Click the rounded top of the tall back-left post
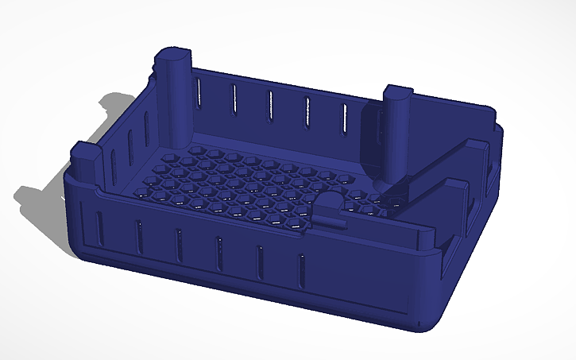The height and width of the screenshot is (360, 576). pyautogui.click(x=173, y=56)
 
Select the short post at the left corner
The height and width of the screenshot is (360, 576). pyautogui.click(x=83, y=151)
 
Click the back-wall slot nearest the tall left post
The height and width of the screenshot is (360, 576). pyautogui.click(x=197, y=89)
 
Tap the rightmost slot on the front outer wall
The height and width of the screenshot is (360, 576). pyautogui.click(x=301, y=270)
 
